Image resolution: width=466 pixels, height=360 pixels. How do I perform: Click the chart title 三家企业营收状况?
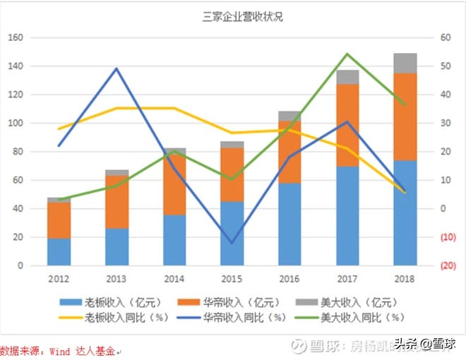click(232, 17)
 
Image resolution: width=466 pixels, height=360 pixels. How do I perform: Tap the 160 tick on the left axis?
click(16, 37)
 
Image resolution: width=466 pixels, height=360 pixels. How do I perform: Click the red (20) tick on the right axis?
click(447, 266)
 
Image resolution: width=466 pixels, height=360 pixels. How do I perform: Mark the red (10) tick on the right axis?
click(447, 238)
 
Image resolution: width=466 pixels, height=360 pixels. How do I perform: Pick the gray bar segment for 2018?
click(405, 63)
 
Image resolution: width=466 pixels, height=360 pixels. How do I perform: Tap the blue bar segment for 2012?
click(59, 252)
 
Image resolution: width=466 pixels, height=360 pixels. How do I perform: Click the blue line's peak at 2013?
click(116, 68)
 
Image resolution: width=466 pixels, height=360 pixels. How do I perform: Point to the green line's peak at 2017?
click(347, 54)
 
